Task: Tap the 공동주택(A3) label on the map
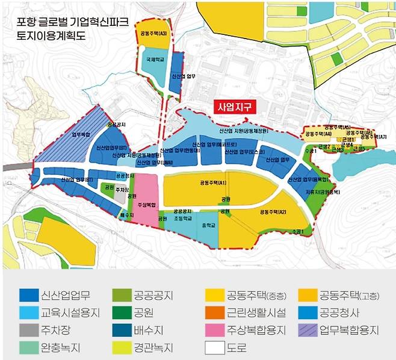153,34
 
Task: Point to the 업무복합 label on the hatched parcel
82,135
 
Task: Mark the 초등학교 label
182,219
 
